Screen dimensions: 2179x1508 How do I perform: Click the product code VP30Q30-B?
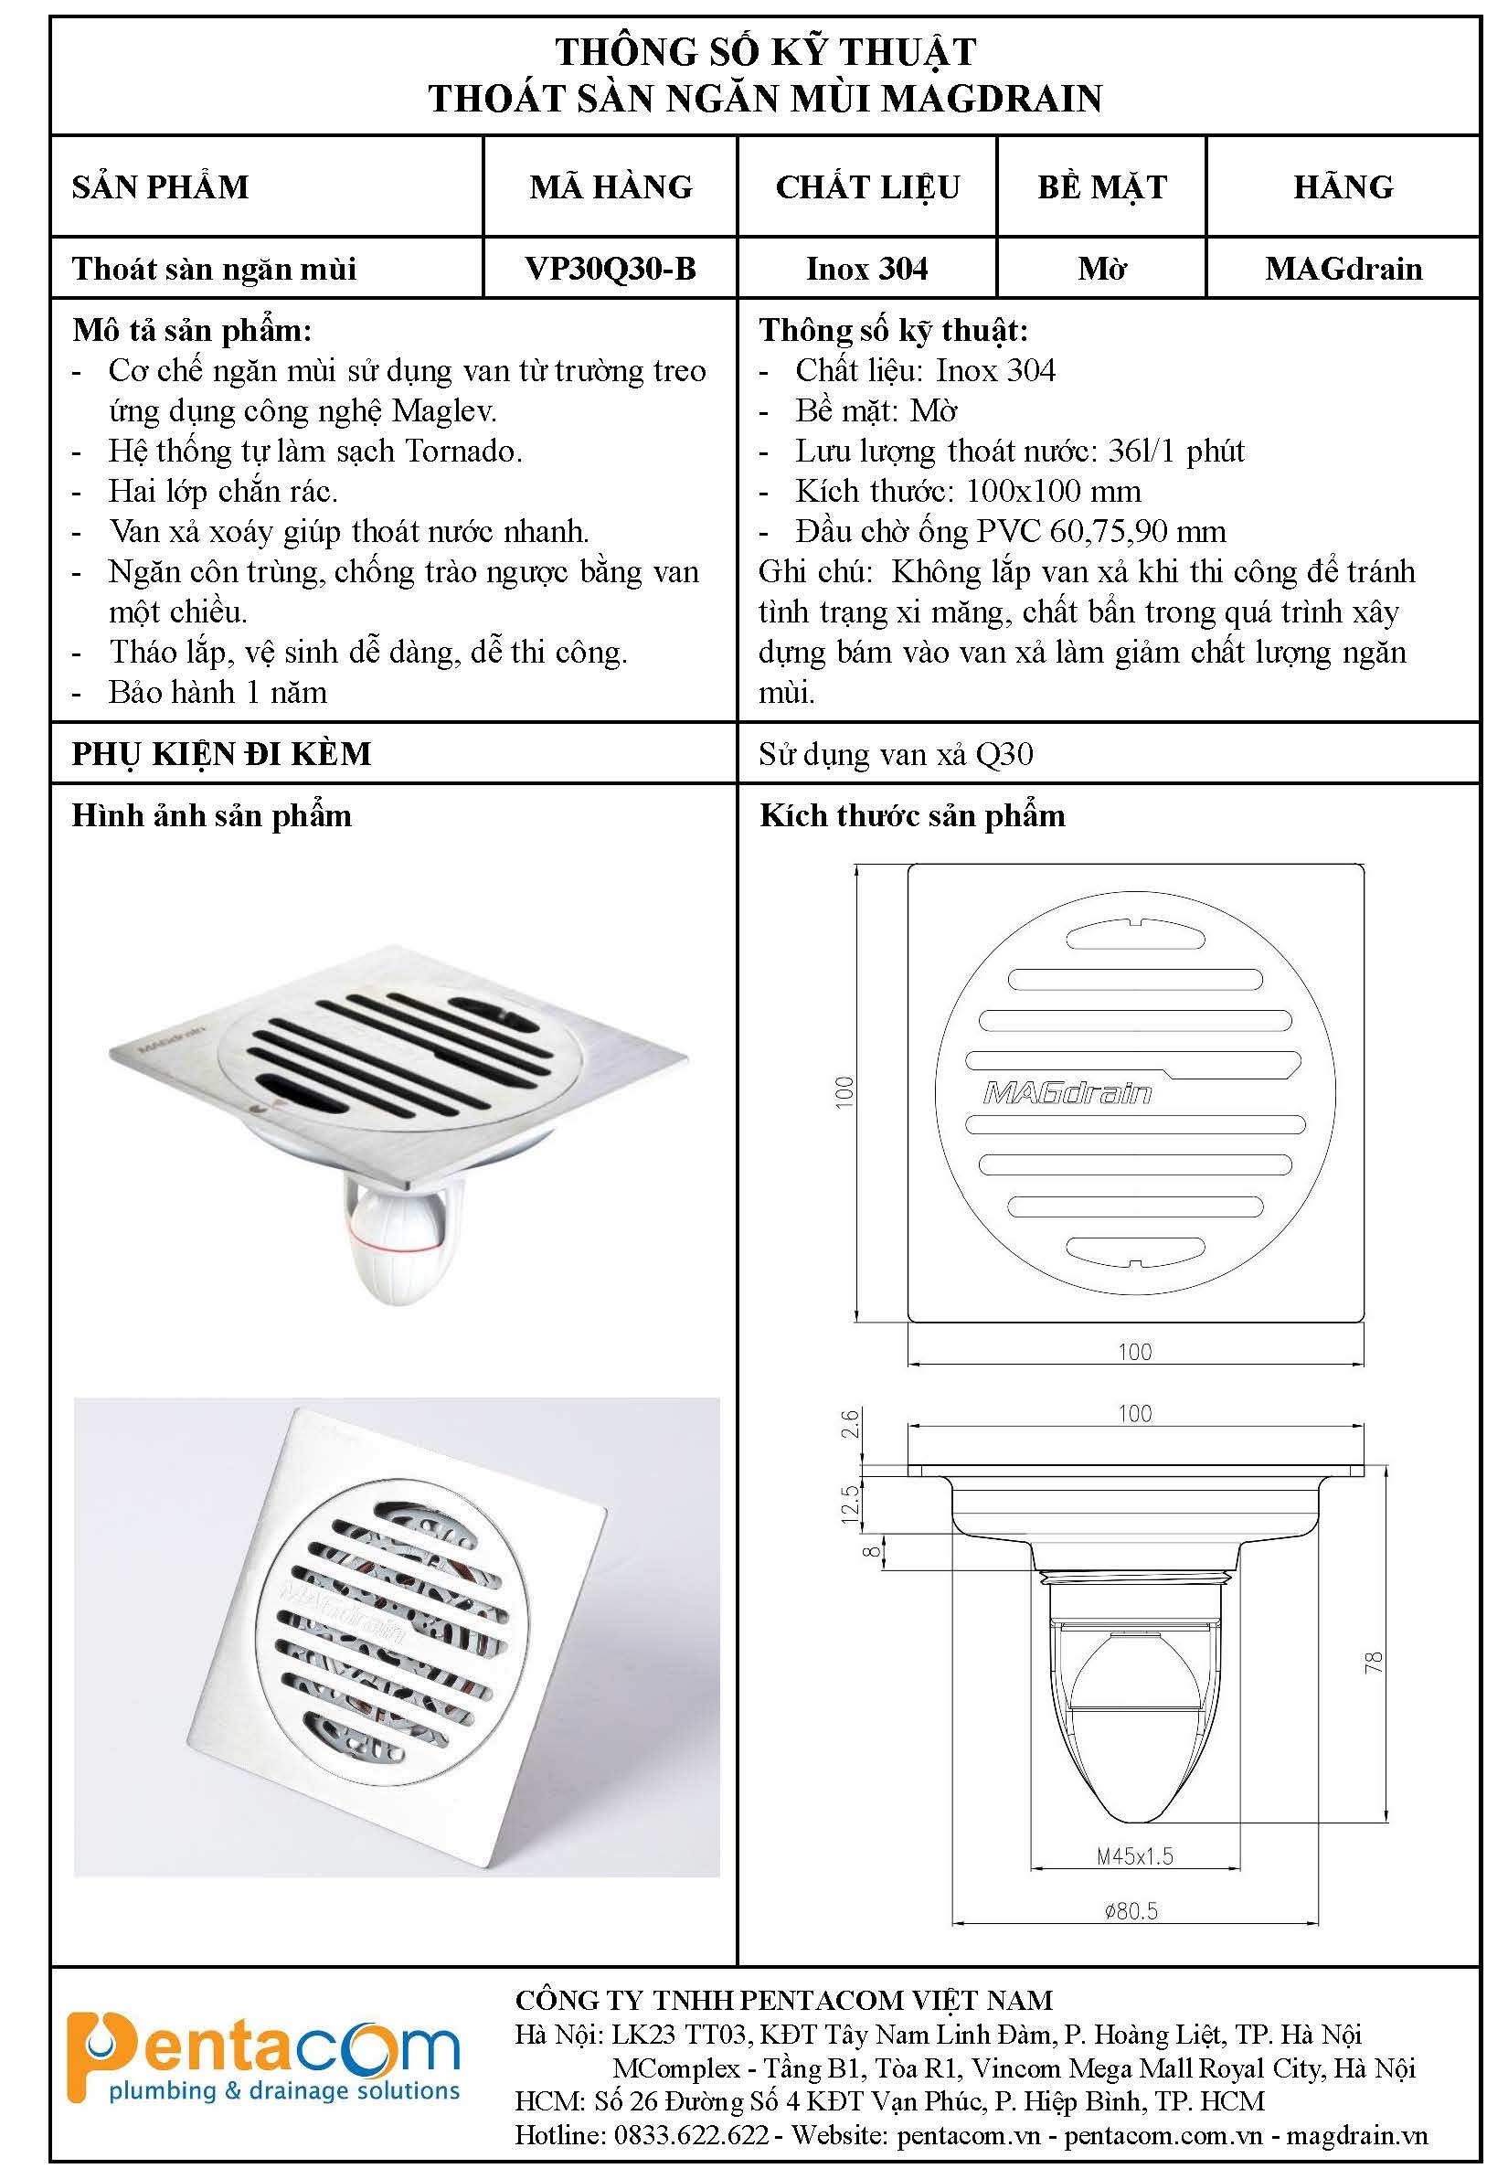(611, 270)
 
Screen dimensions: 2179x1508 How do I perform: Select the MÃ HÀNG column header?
(611, 187)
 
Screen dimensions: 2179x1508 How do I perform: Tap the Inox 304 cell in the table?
(866, 270)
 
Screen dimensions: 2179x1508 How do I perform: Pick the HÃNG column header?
(1343, 187)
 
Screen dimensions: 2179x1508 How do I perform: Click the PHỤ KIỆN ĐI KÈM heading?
(222, 754)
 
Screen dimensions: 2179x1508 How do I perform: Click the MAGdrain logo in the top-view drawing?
(1067, 1094)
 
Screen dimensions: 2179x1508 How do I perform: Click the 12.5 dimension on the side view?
(849, 1504)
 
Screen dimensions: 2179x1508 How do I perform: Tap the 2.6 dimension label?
(849, 1423)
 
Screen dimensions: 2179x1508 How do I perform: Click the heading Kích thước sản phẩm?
(912, 815)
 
